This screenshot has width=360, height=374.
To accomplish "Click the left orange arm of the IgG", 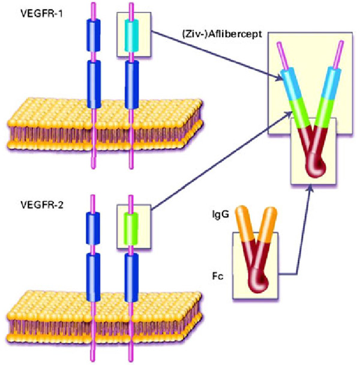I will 244,222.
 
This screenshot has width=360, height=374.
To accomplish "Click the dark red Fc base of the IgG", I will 259,264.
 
